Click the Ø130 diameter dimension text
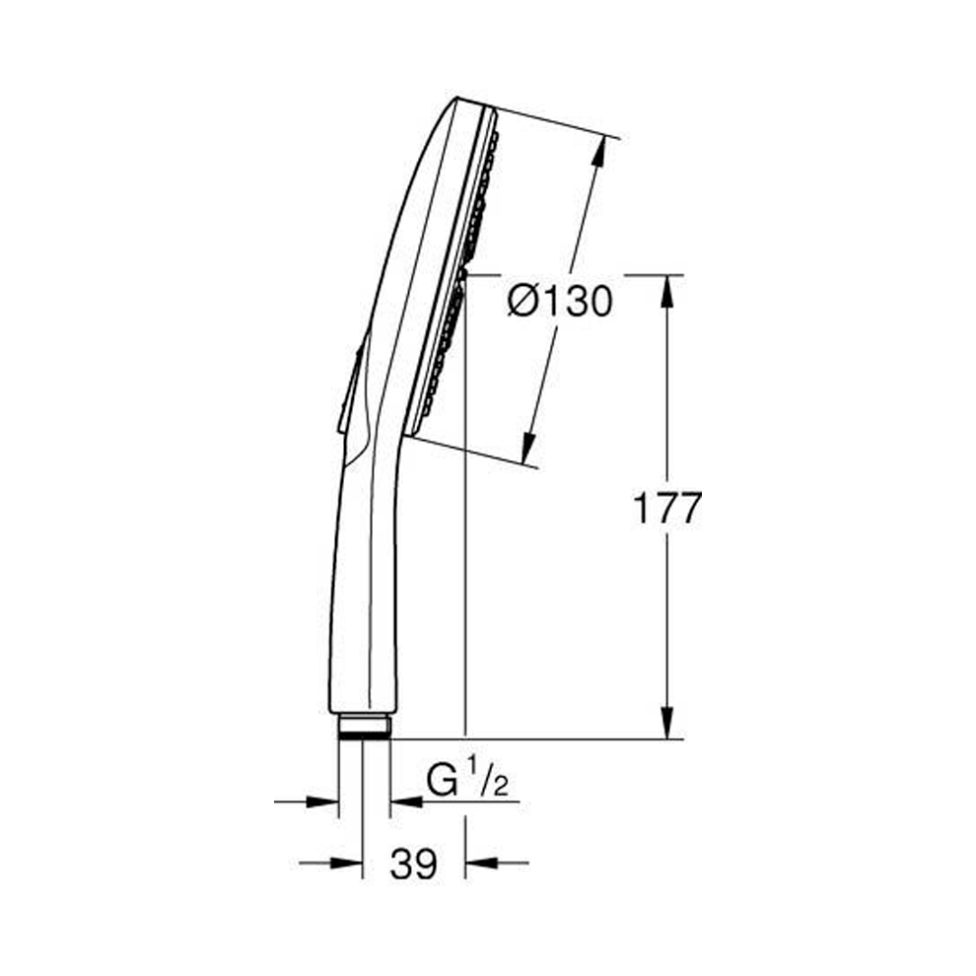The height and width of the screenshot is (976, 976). (560, 301)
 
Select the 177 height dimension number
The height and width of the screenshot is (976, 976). (666, 510)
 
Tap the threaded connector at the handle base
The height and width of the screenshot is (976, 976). (364, 728)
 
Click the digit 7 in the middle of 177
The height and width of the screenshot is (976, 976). (666, 510)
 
